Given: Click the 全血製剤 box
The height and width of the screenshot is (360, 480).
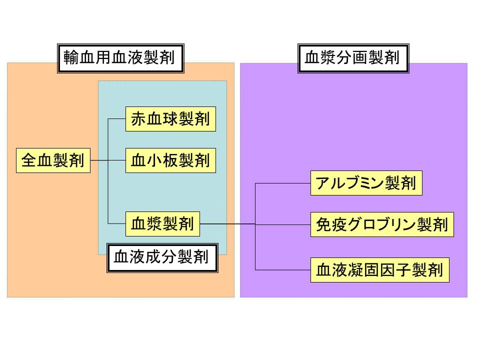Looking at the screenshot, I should [53, 160].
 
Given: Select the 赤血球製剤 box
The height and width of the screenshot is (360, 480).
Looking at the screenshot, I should [170, 119].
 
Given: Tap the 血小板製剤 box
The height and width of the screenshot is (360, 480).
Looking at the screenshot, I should [170, 160].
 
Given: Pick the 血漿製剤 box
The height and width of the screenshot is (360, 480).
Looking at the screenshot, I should [162, 224].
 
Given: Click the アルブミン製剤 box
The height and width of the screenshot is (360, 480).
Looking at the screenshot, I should [366, 183].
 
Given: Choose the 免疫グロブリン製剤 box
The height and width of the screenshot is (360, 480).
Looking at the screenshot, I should [382, 225].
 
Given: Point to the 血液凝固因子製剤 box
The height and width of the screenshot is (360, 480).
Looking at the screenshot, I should [379, 270].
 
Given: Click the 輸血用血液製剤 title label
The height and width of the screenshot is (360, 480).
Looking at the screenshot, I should [119, 58].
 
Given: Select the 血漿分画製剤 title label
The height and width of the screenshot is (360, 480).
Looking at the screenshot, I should [352, 58].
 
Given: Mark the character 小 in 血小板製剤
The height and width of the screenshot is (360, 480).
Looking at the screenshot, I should [155, 160].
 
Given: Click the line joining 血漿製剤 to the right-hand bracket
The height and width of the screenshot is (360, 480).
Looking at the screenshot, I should [227, 224].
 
